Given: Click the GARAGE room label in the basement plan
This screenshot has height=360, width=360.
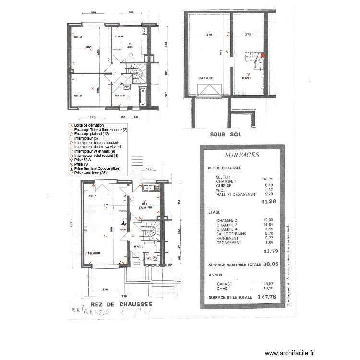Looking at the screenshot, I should point(205,77).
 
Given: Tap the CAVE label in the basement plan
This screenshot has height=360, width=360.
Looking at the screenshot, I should point(247,77).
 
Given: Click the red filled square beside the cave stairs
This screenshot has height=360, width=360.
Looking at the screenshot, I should point(262,56).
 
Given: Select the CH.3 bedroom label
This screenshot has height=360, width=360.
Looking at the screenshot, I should point(78,37).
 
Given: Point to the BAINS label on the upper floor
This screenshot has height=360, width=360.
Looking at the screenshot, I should point(121,96).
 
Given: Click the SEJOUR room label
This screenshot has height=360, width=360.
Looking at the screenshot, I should point(93,253).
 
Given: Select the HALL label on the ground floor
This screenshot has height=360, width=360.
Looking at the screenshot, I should point(139,246).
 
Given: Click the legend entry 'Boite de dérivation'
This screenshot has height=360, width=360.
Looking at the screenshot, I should point(89,125).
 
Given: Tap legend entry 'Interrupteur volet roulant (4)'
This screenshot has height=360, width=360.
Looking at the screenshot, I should point(98,156).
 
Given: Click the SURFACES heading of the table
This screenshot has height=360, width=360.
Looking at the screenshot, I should point(242,155).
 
